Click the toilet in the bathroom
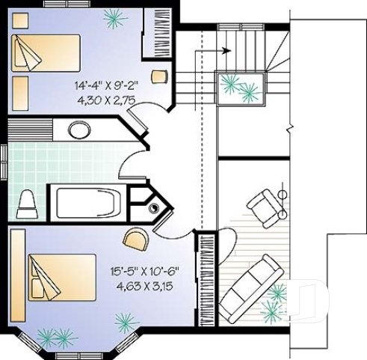point(28,203)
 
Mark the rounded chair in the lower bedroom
point(135,240)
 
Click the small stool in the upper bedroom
point(158,76)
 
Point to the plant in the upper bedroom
point(114,16)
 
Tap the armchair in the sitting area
point(265,205)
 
